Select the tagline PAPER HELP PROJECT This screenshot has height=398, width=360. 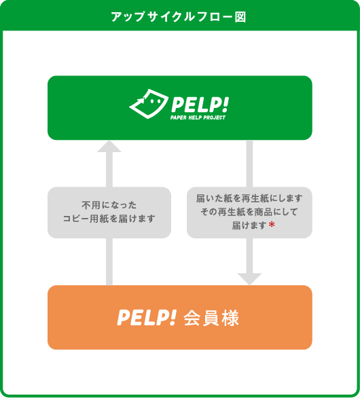198,117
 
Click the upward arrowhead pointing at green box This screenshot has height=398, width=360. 109,146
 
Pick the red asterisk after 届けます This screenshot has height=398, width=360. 271,225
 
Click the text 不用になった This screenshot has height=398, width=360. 109,204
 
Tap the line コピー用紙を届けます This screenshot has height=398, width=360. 109,219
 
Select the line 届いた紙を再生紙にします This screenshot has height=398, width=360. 250,198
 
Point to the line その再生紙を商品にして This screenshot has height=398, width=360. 250,211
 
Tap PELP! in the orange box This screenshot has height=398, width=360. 147,317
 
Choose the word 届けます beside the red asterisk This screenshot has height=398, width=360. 249,225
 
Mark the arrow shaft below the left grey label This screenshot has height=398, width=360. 109,261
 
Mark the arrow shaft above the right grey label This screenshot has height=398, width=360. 249,163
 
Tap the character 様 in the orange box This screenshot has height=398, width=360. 230,317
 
